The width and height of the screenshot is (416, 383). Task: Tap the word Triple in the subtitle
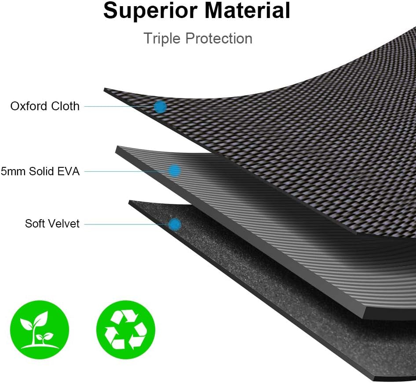162,38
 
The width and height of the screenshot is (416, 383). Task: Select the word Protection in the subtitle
219,38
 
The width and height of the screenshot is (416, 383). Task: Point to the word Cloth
65,106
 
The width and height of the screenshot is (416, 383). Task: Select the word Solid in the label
41,171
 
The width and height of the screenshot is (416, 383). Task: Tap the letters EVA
68,171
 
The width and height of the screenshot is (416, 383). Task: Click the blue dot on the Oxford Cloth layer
160,106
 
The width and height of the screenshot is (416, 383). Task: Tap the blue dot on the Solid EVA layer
174,170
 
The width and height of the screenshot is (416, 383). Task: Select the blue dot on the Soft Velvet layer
175,224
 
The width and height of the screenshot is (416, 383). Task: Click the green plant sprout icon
40,330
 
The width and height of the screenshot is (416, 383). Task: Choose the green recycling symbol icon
126,330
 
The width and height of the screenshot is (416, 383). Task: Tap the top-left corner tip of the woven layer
105,89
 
